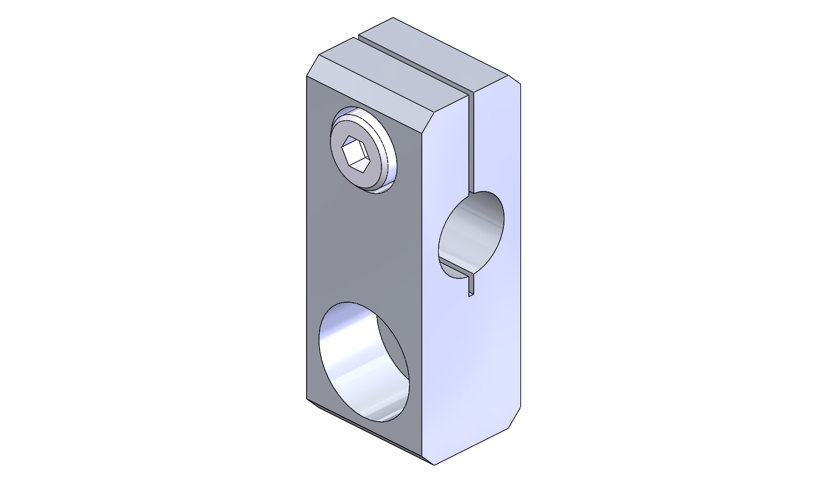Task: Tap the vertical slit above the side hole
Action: (470, 142)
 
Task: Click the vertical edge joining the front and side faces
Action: (422, 283)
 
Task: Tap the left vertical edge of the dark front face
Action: (307, 238)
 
